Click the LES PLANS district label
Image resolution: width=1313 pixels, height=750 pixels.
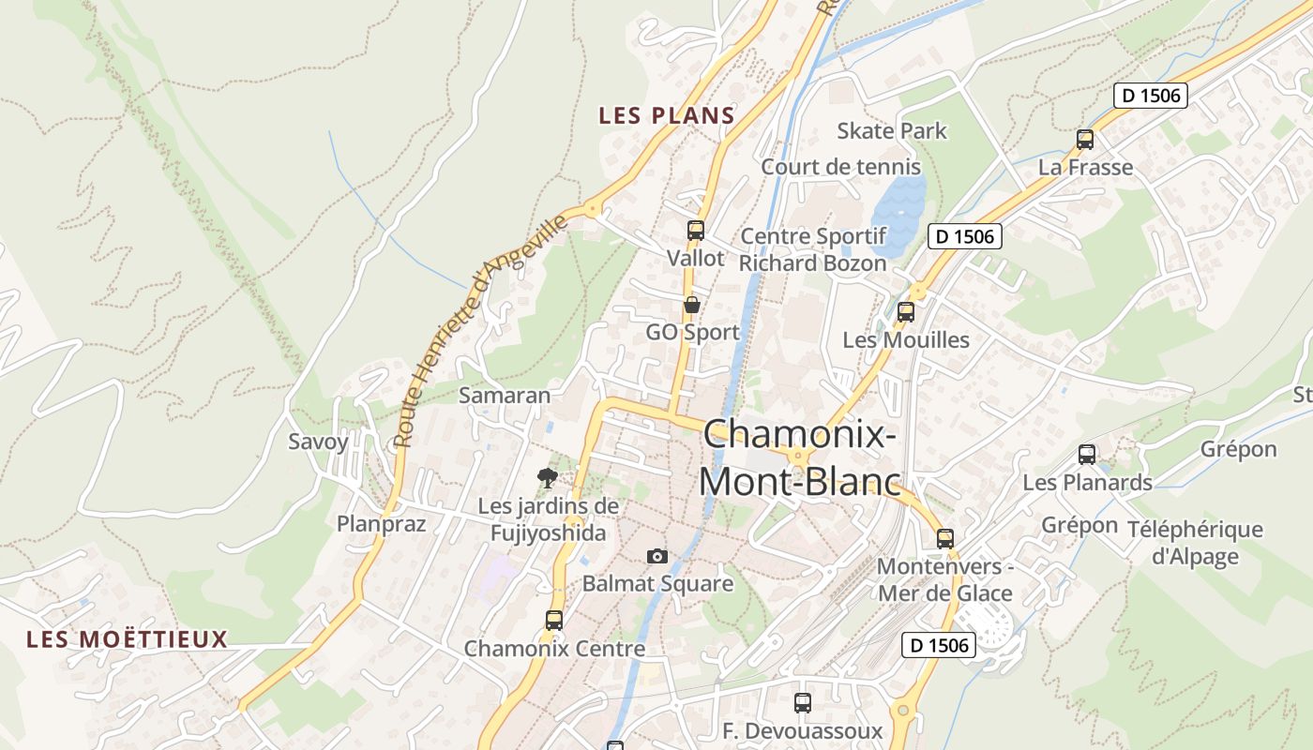[666, 115]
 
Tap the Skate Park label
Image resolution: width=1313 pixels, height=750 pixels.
[892, 130]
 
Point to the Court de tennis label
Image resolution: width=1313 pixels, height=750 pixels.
[840, 167]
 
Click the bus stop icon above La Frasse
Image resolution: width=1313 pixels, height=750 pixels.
[1085, 140]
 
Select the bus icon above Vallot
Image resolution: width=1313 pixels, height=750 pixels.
[695, 230]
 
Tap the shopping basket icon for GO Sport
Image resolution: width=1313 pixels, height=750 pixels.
[692, 305]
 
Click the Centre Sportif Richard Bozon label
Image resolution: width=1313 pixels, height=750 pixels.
[812, 249]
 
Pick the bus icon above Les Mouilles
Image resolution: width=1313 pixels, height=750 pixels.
[906, 312]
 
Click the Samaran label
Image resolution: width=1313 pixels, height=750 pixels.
[505, 395]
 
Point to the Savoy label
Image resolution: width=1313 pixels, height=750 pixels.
[318, 442]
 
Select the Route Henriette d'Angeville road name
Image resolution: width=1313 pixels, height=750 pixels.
[480, 330]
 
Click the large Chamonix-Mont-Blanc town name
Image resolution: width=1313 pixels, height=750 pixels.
[799, 457]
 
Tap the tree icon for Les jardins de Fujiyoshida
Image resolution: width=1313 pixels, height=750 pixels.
[548, 478]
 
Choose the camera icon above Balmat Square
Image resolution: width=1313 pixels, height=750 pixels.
[657, 556]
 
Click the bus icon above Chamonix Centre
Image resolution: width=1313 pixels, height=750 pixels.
[554, 620]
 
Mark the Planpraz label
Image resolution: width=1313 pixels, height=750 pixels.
[382, 524]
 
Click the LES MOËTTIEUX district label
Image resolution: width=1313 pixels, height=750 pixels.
[127, 639]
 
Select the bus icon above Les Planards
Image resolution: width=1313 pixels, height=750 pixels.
[1087, 455]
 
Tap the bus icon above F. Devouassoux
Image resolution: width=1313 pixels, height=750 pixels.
[803, 702]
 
